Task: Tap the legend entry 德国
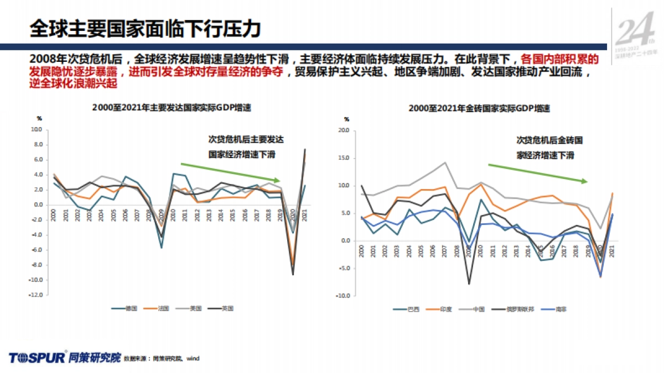122,308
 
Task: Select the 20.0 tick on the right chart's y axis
343,131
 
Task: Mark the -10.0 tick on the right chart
343,296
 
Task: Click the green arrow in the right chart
537,173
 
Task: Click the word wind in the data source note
192,359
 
